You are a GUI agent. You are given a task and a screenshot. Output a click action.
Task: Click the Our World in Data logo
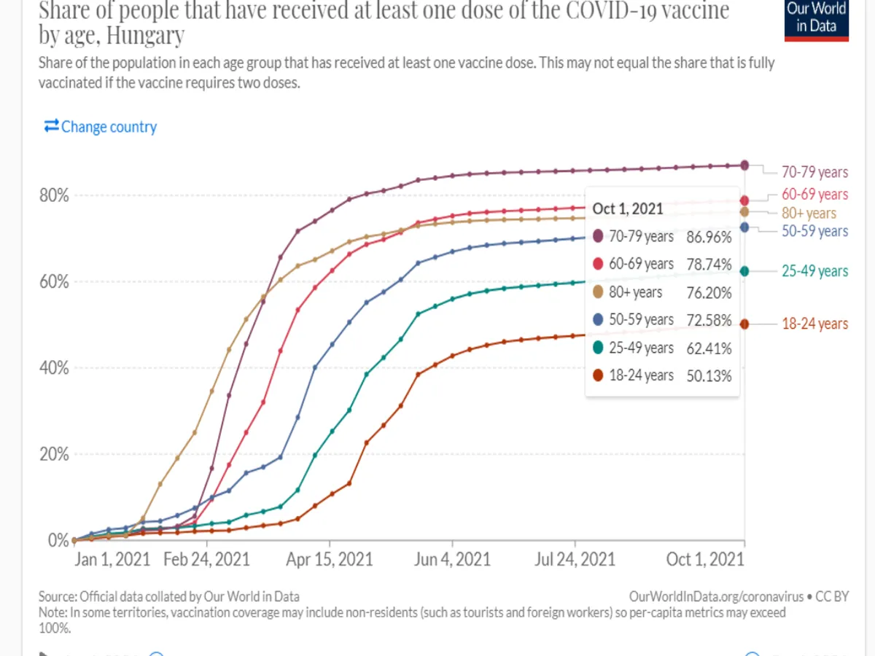[817, 20]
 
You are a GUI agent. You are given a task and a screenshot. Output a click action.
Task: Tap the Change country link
[101, 127]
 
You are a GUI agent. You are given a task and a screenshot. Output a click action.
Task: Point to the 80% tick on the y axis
[53, 195]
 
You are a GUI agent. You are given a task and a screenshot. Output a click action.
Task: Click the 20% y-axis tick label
[53, 454]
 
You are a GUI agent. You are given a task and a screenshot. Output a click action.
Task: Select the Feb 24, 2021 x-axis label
[206, 559]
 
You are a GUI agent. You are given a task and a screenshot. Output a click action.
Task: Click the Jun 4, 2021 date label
[452, 559]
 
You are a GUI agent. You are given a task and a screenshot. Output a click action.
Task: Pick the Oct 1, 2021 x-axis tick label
[705, 559]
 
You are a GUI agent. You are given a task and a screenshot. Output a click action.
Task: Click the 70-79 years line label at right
[814, 172]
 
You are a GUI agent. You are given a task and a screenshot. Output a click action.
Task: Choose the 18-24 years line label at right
[814, 324]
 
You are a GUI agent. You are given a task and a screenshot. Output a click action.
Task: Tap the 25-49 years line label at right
[814, 271]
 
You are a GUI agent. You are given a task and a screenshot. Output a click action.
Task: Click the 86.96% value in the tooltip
[709, 237]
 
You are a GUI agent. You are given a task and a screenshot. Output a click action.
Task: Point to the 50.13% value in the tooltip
[709, 375]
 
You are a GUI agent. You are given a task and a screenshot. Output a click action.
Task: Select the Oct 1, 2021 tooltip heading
[628, 208]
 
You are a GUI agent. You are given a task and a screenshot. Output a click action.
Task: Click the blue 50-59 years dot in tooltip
[598, 320]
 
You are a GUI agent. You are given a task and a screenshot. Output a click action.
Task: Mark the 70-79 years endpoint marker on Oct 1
[744, 165]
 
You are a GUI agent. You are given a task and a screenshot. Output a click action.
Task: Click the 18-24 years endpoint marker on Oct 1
[744, 324]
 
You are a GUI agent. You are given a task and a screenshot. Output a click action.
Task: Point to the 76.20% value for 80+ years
[709, 292]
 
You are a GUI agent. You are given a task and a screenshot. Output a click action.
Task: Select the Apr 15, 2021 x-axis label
[330, 559]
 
